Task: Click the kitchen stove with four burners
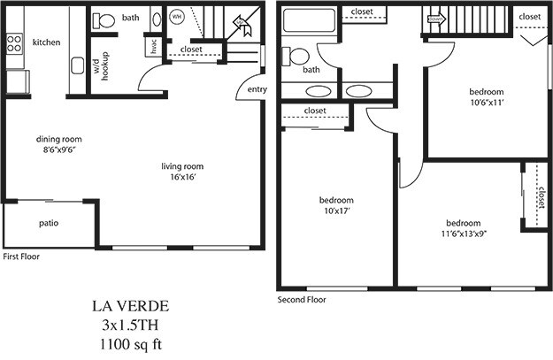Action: [15, 42]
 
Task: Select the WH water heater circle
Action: [176, 17]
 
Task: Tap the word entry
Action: [257, 89]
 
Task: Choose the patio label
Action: [49, 223]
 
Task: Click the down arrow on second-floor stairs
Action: [435, 17]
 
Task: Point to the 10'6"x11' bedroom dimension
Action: [485, 102]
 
